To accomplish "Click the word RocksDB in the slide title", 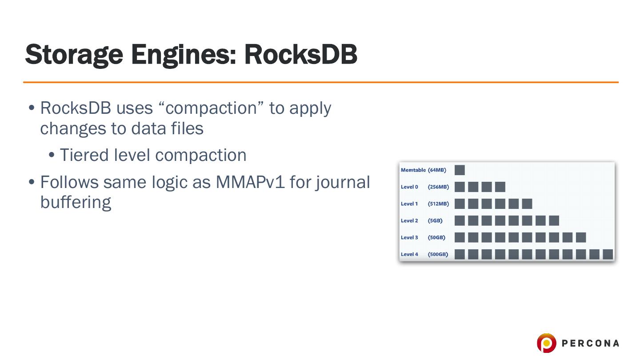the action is (x=300, y=55).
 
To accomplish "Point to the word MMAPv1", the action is (x=250, y=182).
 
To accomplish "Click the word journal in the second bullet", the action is (x=343, y=182).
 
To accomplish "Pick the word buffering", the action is (x=76, y=202).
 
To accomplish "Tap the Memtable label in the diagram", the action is (x=413, y=170).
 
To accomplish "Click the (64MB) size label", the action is (x=437, y=170).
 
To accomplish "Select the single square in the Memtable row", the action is (x=460, y=170).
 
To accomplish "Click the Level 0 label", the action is (x=409, y=187).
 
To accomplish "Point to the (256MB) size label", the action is (x=438, y=187).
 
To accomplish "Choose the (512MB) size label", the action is (x=438, y=204).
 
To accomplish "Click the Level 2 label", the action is (x=409, y=220).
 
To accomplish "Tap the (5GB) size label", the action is (x=435, y=220).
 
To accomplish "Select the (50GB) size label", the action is (x=436, y=237).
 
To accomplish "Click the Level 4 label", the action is (x=409, y=254).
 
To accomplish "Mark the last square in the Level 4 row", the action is (x=608, y=254).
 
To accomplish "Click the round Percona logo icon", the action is (x=546, y=343).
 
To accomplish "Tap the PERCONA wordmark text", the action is (x=590, y=343).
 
